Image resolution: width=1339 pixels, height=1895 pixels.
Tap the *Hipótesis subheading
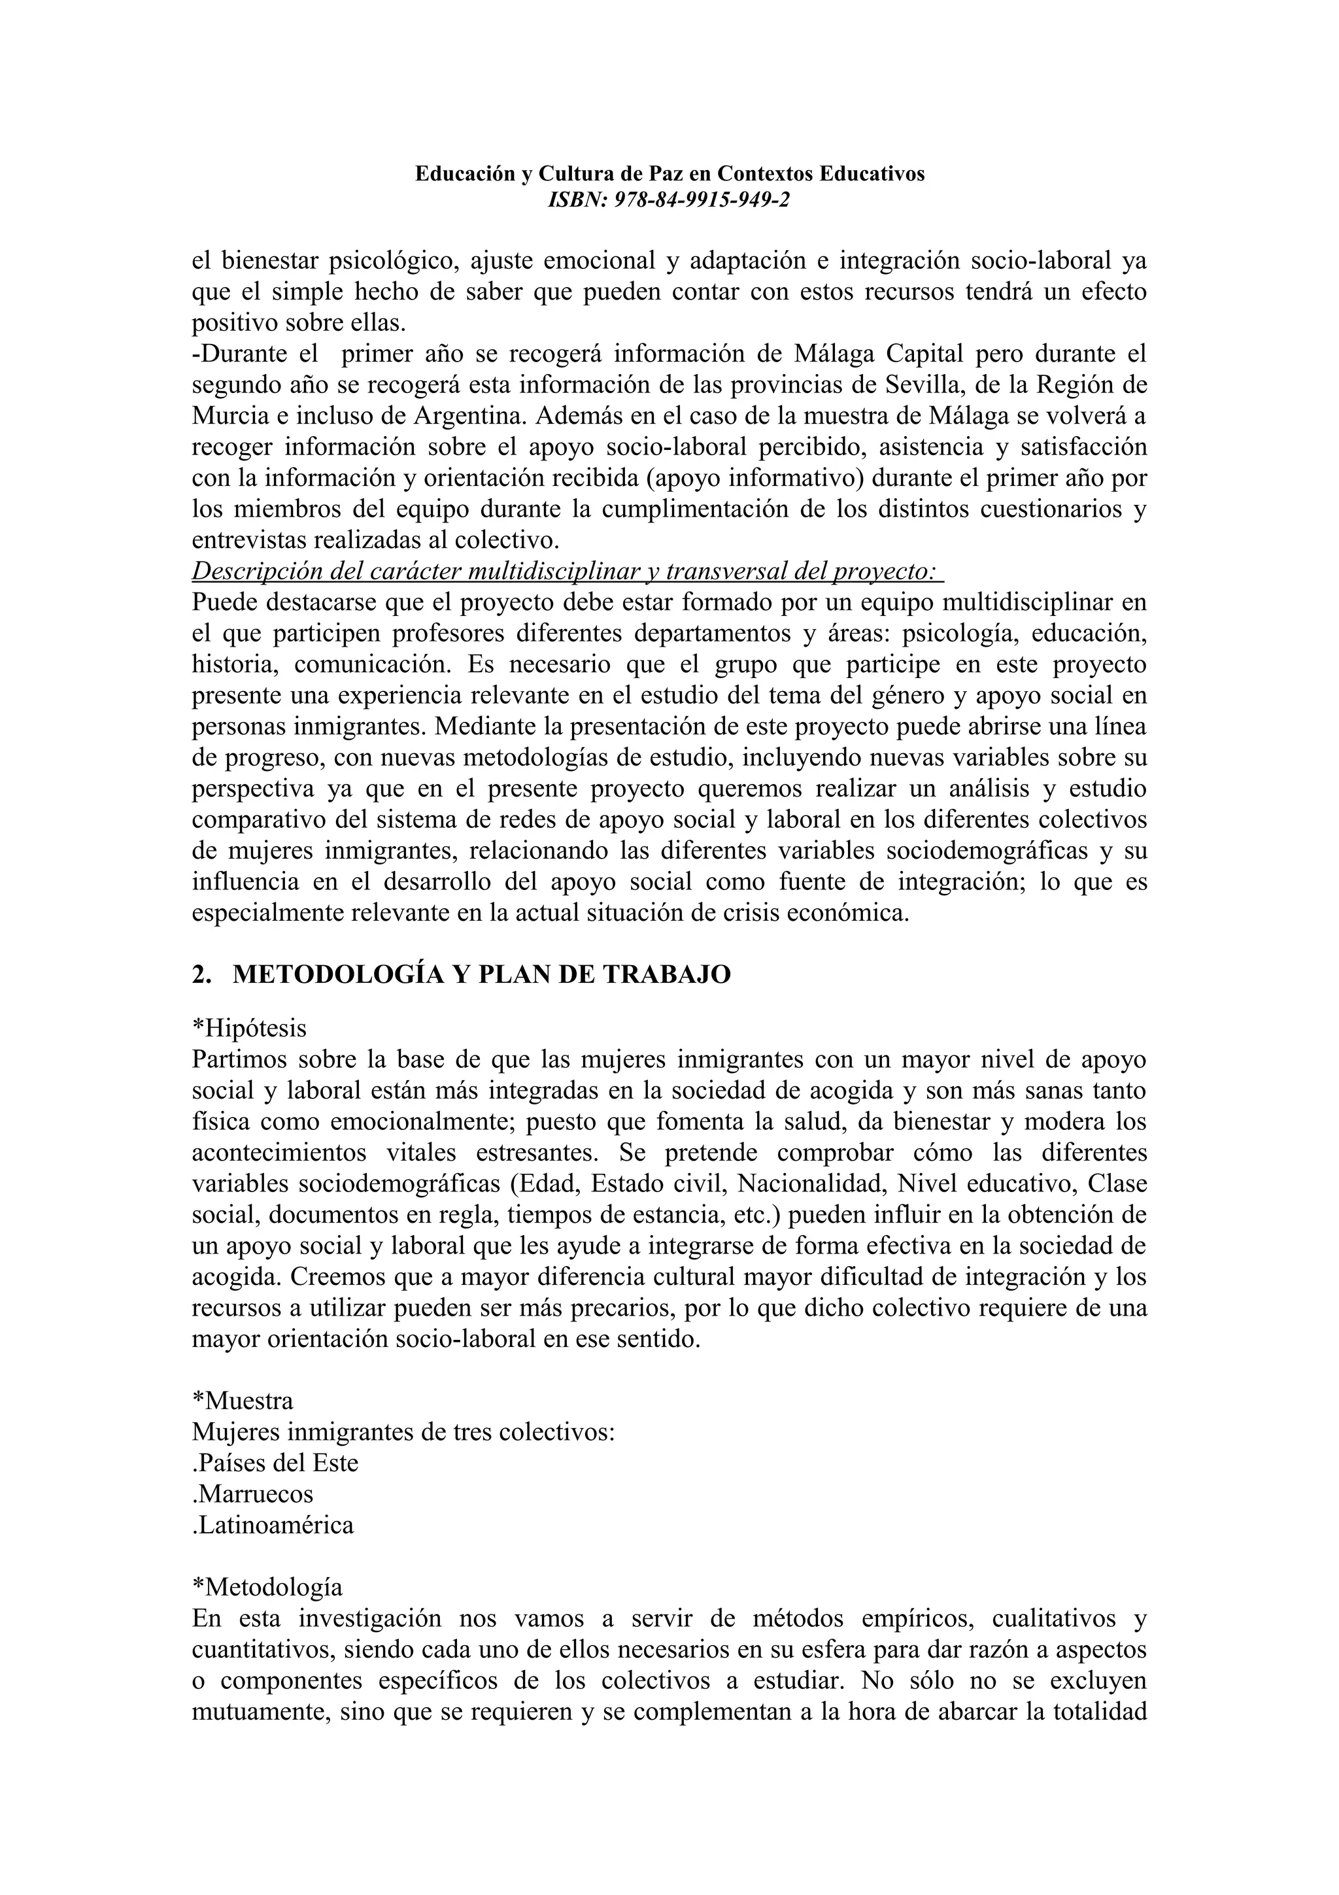(x=248, y=1029)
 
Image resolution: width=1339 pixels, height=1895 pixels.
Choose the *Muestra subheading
(x=242, y=1401)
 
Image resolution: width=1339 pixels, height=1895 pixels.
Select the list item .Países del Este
(x=275, y=1463)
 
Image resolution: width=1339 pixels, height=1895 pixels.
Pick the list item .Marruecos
(x=252, y=1494)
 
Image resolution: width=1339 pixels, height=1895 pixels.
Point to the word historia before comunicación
(x=233, y=664)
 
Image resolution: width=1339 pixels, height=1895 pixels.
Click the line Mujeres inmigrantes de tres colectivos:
(x=403, y=1432)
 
